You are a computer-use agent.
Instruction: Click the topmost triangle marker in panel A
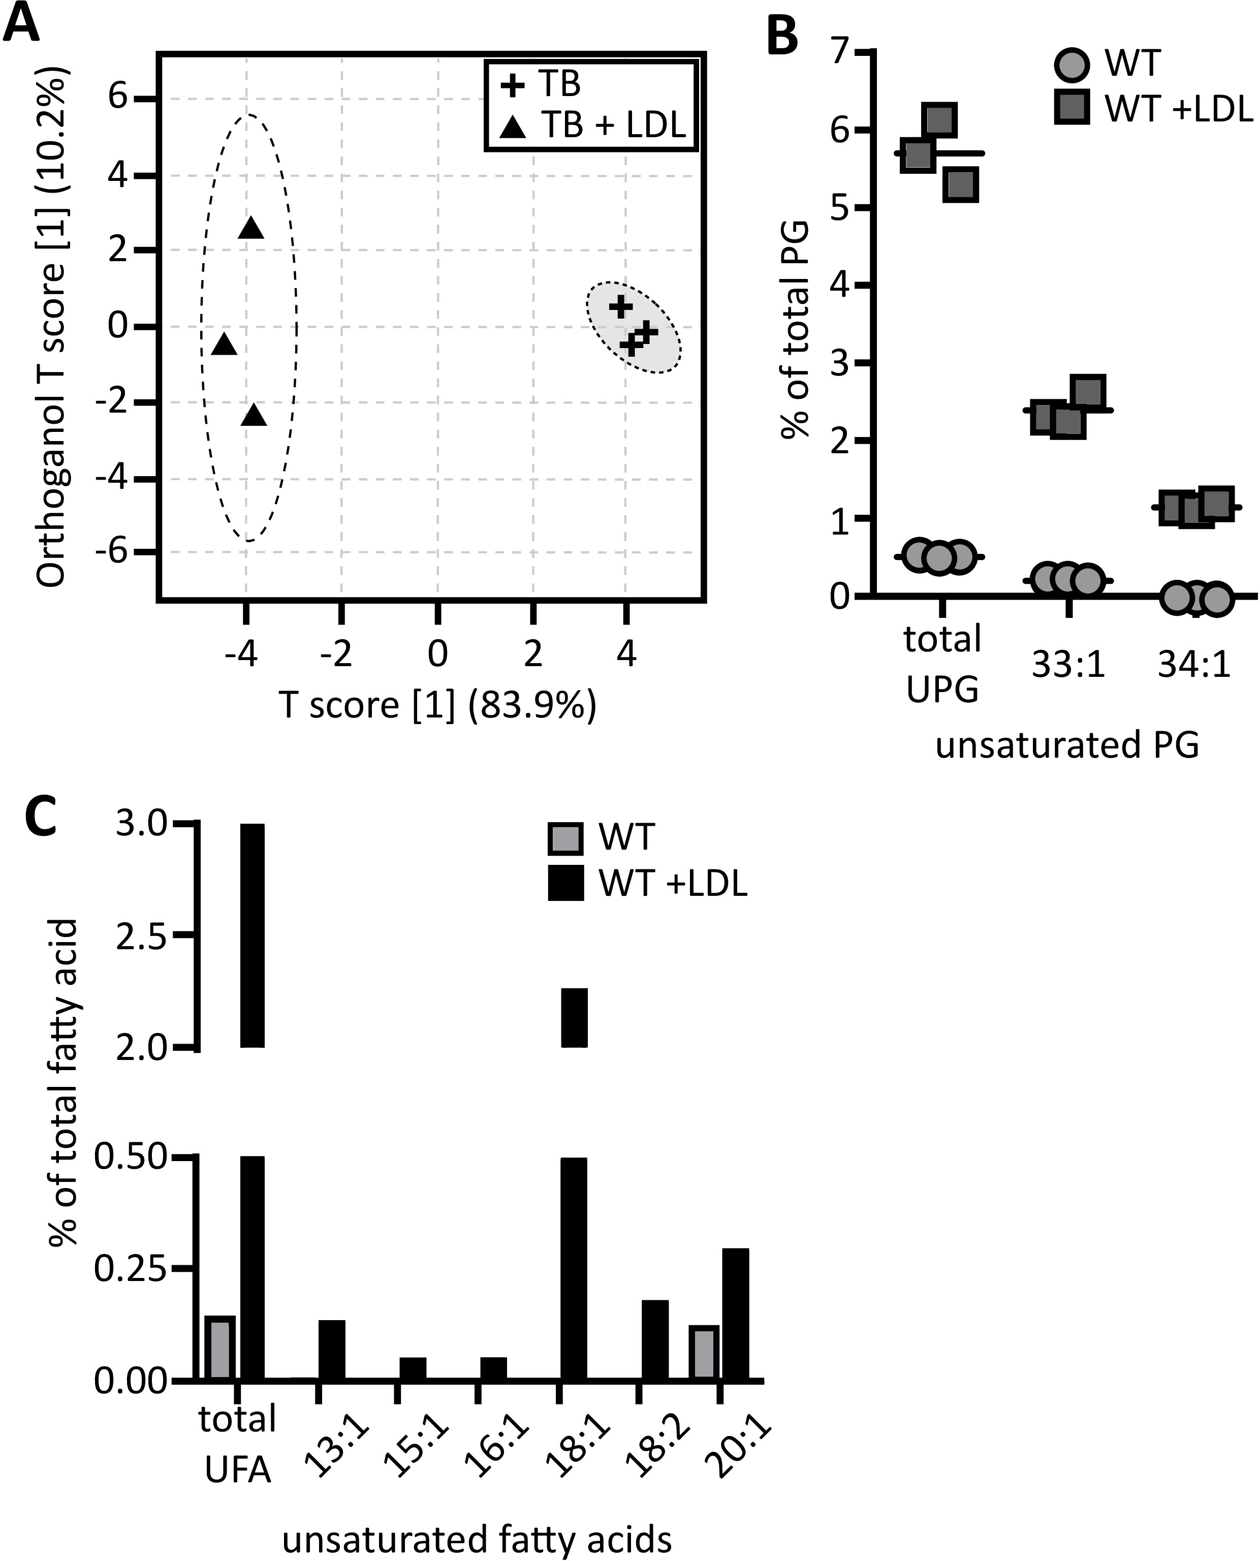(x=251, y=228)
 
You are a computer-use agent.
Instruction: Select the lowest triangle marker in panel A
(x=254, y=415)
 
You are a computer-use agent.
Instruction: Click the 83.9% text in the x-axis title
(x=532, y=705)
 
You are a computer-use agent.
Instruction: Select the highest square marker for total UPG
(x=940, y=118)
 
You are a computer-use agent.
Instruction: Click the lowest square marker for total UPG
(x=961, y=184)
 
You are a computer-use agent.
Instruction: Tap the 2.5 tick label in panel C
(x=142, y=936)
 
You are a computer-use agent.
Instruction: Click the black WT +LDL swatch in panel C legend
(x=565, y=883)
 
